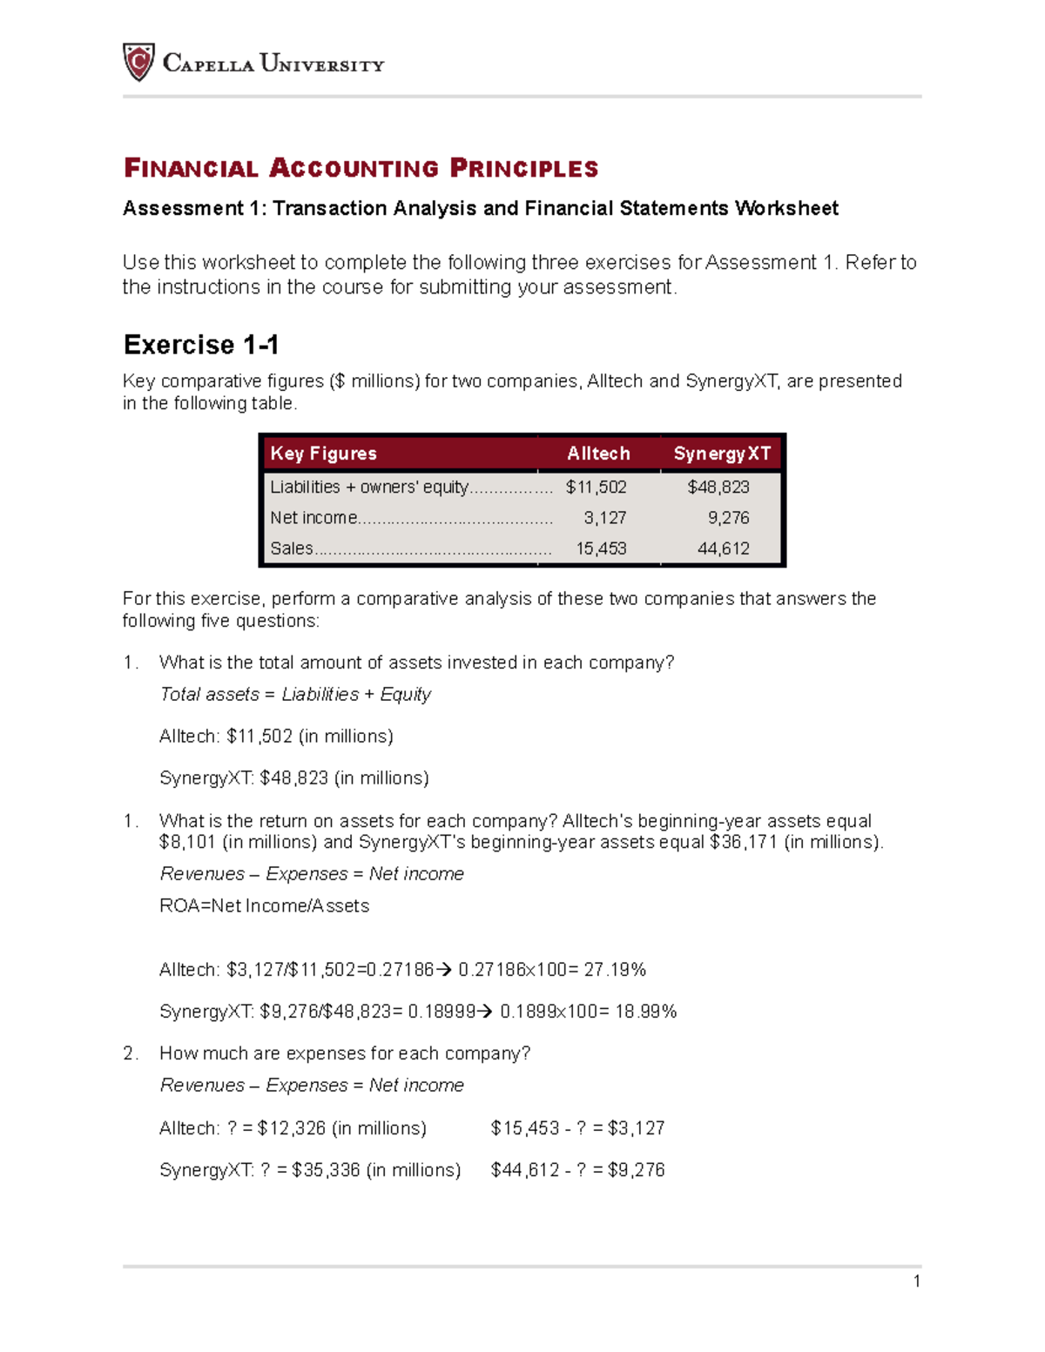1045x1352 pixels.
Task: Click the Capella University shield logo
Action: [x=138, y=63]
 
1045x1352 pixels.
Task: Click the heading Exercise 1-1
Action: [x=201, y=345]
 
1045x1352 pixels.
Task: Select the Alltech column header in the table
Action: [x=598, y=454]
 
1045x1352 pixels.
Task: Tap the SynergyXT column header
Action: [x=722, y=454]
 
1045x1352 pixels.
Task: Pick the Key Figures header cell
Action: [x=323, y=454]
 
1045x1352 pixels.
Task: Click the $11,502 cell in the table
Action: [x=597, y=488]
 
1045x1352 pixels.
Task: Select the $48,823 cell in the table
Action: [x=718, y=488]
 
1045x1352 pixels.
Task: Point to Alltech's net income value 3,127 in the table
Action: [x=605, y=518]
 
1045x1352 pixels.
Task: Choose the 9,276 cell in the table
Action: [x=728, y=518]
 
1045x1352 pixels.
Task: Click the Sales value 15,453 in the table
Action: [x=601, y=548]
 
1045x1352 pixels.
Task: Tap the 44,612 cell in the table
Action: [x=724, y=548]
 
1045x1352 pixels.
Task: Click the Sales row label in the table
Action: [x=292, y=548]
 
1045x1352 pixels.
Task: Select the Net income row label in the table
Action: [x=313, y=518]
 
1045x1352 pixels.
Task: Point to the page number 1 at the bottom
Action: [x=917, y=1281]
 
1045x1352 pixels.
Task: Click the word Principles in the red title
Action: [x=524, y=168]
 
